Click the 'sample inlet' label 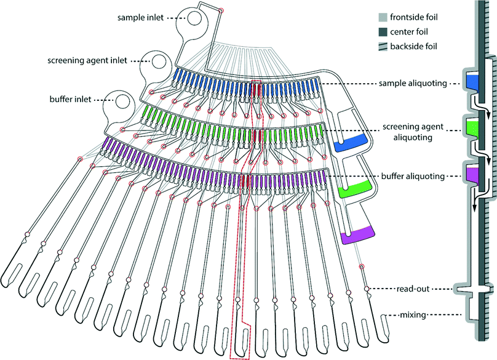coord(140,18)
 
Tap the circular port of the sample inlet coord(196,18)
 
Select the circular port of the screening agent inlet coord(159,61)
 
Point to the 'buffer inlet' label coord(70,98)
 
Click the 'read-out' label coord(412,288)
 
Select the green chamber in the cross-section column coord(473,127)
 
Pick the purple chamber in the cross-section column coord(473,174)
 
